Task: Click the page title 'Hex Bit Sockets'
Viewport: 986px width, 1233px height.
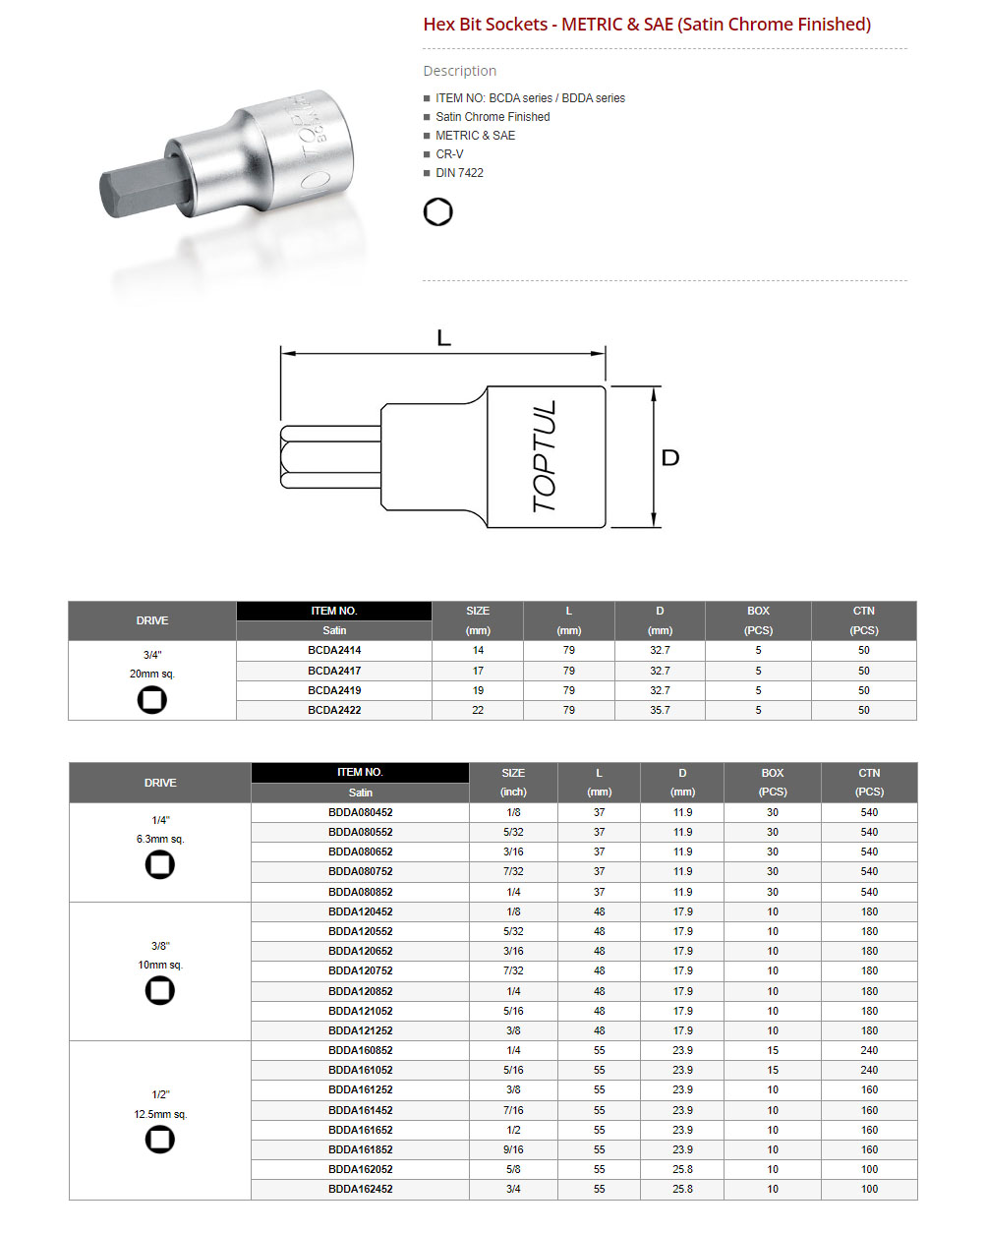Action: tap(486, 25)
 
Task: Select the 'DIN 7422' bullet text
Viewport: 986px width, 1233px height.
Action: tap(459, 173)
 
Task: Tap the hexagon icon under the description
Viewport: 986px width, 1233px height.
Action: tap(438, 212)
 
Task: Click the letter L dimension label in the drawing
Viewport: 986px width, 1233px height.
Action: tap(443, 338)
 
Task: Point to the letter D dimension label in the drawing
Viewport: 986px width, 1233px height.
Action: tap(670, 458)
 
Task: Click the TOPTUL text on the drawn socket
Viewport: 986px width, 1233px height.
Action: tap(545, 456)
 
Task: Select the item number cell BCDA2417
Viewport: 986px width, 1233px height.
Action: tap(334, 671)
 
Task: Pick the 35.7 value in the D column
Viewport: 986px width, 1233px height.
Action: tap(660, 710)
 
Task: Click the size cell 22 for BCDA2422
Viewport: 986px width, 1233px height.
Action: tap(478, 710)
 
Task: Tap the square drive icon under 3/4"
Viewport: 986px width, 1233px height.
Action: tap(152, 700)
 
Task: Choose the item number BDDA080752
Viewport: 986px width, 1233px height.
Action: tap(360, 872)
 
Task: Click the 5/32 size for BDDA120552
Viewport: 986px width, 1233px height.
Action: tap(513, 931)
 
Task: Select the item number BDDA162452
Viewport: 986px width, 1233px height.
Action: tap(360, 1190)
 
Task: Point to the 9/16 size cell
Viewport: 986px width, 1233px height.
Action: tap(513, 1149)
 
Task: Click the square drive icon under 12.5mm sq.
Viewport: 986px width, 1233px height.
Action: tap(160, 1140)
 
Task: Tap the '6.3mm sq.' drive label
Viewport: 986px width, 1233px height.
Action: tap(160, 840)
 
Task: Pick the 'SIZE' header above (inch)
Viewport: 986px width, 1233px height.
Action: tap(513, 773)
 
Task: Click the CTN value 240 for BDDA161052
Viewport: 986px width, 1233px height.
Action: tap(869, 1070)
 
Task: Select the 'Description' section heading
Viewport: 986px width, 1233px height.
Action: tap(459, 71)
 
